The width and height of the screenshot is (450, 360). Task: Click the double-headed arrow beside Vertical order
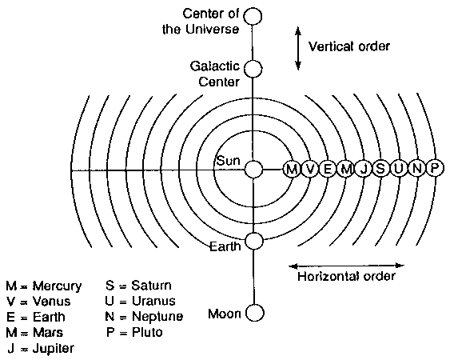[x=298, y=48]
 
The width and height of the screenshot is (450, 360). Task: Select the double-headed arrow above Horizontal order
[x=346, y=266]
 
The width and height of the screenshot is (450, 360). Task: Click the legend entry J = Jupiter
[x=41, y=349]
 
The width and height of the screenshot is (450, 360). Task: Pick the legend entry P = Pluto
[x=134, y=333]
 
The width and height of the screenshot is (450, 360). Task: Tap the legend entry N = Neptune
[x=144, y=317]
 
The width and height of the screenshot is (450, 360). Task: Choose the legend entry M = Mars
[x=34, y=333]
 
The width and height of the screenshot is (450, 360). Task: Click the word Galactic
[x=215, y=66]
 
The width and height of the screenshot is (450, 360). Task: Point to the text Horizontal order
[x=346, y=276]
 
